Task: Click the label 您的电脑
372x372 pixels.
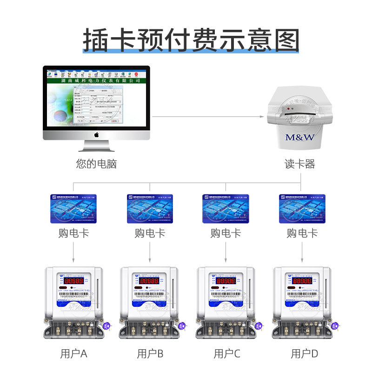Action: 96,164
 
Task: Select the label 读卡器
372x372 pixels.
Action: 300,164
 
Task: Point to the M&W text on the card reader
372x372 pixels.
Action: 300,138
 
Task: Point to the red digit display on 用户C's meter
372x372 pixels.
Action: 226,281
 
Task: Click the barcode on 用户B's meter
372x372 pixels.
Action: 150,294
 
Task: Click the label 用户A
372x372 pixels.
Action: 74,354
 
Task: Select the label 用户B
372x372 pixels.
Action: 150,354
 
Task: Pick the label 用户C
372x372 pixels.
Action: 227,354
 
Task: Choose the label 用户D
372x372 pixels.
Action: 304,354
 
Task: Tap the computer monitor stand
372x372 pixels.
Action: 97,146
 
